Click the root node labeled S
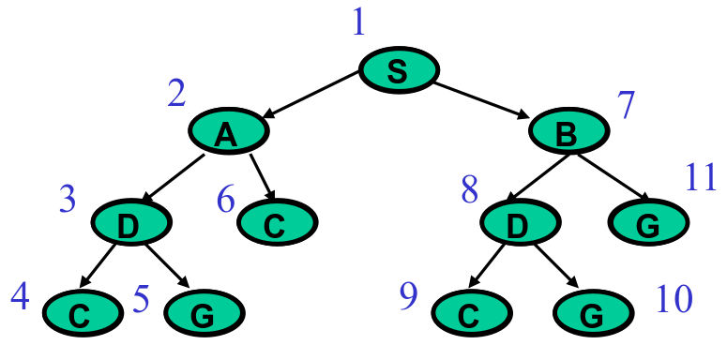coord(399,72)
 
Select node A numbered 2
coord(227,133)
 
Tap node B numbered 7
coord(568,133)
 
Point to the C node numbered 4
coord(82,312)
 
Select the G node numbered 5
coord(203,312)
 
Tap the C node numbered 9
coord(470,312)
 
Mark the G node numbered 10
coord(592,312)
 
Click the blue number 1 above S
coord(357,21)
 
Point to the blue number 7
coord(627,105)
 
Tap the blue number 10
coord(673,298)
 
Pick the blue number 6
coord(225,199)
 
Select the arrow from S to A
coord(312,95)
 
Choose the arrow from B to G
coord(610,176)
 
